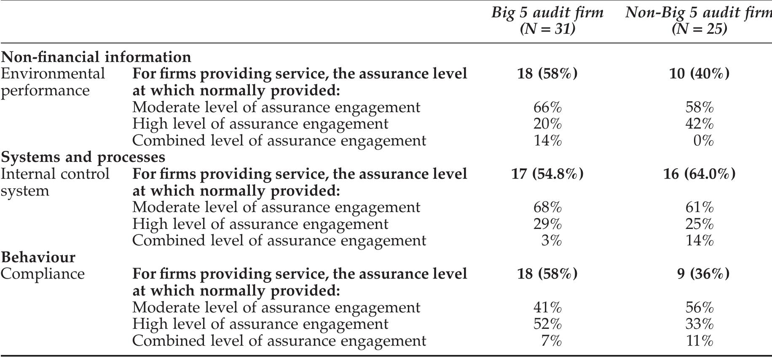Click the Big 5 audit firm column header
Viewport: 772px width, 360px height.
click(x=547, y=13)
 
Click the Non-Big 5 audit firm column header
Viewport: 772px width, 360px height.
click(x=698, y=13)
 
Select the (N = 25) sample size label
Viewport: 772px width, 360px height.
click(x=700, y=29)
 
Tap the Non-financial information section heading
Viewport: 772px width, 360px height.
click(x=96, y=57)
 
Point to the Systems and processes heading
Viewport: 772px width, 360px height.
click(x=83, y=157)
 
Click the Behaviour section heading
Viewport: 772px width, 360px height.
click(x=38, y=257)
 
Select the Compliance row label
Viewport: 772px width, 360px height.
click(x=43, y=274)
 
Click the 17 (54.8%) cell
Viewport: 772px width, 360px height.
click(x=547, y=174)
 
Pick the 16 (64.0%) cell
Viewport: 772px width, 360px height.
click(x=700, y=174)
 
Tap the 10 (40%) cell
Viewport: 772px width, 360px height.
click(x=700, y=74)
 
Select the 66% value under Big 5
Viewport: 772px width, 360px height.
click(x=547, y=107)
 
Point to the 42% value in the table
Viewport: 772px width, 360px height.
click(x=700, y=124)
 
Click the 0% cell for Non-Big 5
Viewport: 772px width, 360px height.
click(x=703, y=140)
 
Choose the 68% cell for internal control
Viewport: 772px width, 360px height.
click(x=547, y=207)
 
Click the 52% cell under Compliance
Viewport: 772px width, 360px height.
click(x=547, y=324)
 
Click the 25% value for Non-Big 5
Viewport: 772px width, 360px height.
click(x=700, y=224)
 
